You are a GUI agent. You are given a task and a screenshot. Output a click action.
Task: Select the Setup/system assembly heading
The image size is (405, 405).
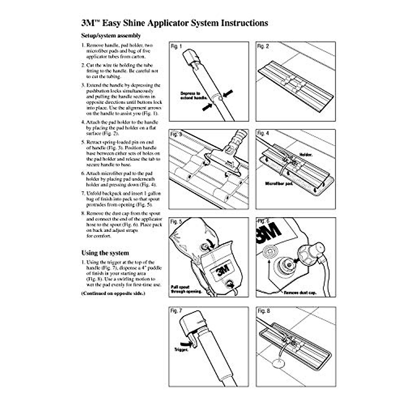tap(111, 35)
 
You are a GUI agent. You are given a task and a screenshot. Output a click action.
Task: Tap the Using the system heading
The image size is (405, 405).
tap(105, 253)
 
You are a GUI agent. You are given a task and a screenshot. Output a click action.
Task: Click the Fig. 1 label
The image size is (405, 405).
tap(176, 47)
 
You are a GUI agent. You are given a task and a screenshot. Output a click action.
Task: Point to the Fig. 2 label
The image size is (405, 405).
tap(263, 47)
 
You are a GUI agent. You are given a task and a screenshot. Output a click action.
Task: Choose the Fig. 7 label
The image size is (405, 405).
tap(176, 311)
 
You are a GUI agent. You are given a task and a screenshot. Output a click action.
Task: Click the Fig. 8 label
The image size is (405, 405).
tap(264, 311)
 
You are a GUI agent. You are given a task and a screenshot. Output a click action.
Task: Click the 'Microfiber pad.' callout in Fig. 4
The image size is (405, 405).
tap(278, 184)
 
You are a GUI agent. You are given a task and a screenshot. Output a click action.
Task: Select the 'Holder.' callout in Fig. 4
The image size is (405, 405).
tap(306, 155)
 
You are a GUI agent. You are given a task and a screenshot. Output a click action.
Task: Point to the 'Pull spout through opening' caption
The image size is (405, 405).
tap(186, 289)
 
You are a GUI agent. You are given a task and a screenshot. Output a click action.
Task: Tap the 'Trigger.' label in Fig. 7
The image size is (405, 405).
tap(181, 350)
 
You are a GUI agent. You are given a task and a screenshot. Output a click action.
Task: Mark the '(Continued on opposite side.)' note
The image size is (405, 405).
tap(113, 293)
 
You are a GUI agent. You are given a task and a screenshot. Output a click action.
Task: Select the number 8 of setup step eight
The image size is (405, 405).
tap(83, 214)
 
